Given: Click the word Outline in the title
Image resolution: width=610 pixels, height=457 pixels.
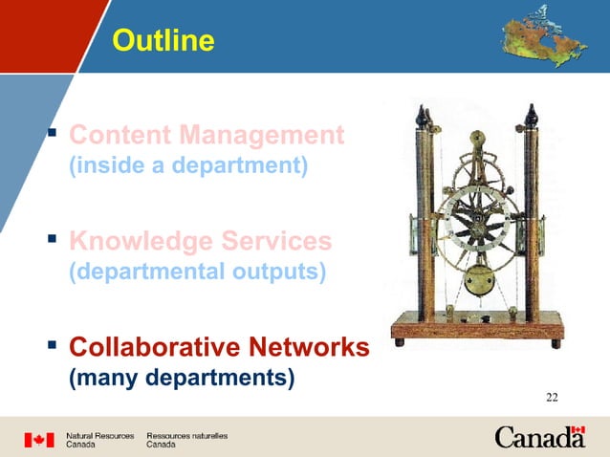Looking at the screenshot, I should tap(163, 41).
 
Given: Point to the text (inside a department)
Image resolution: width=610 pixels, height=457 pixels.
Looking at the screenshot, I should tap(188, 165).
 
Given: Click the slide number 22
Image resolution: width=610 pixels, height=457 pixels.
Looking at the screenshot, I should tap(553, 398).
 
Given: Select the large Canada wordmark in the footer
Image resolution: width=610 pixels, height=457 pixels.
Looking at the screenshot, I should tap(539, 438).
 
